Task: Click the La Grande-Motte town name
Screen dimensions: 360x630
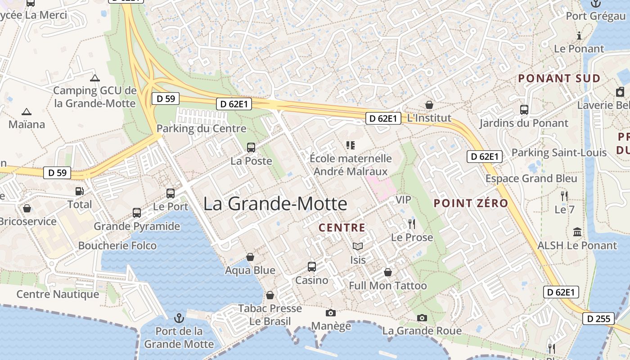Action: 275,204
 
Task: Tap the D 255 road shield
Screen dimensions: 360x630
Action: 598,319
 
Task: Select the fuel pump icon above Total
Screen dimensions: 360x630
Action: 80,191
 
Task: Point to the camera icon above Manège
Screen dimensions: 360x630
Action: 331,313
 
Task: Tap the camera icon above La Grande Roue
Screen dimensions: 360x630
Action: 422,318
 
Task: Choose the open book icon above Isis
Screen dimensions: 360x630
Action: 358,247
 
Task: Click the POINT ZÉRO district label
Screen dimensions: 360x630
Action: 471,203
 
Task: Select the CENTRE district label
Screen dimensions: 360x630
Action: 342,228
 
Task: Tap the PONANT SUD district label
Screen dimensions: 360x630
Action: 559,78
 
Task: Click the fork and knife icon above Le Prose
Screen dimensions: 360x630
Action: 411,224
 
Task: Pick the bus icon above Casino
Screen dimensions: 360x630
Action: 311,266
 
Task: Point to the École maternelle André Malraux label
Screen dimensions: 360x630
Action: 351,165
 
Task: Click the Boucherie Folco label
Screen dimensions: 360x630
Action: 117,246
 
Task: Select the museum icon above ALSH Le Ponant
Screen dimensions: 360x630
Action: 577,232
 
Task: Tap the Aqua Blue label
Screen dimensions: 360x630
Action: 250,270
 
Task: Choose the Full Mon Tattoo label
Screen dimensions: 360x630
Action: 388,286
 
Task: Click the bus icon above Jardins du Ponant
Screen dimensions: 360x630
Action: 524,109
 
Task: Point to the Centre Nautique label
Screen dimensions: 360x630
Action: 58,294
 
